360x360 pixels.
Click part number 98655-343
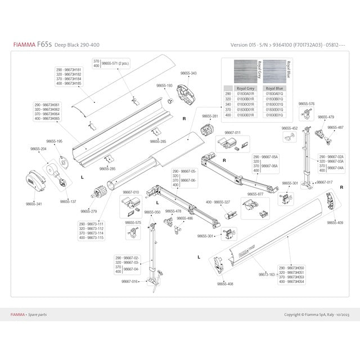(x=188, y=73)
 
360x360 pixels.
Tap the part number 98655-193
(x=164, y=85)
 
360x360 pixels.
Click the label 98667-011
(x=232, y=133)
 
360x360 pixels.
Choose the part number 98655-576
(x=307, y=103)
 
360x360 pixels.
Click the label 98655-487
(x=335, y=128)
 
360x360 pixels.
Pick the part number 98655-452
(x=290, y=128)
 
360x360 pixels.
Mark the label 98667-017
(x=324, y=182)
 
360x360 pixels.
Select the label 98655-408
(x=225, y=284)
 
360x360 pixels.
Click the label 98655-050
(x=152, y=212)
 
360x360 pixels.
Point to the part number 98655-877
(x=256, y=194)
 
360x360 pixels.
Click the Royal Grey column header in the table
(x=245, y=89)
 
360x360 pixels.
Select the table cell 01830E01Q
(x=274, y=115)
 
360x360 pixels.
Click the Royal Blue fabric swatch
(x=274, y=72)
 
